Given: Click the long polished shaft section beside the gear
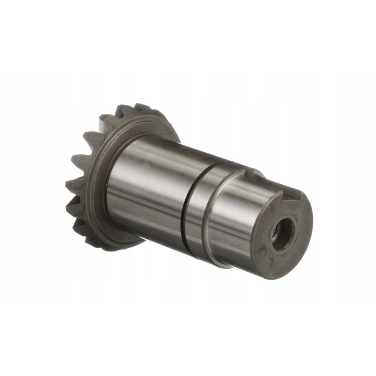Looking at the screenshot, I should coord(146,188).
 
